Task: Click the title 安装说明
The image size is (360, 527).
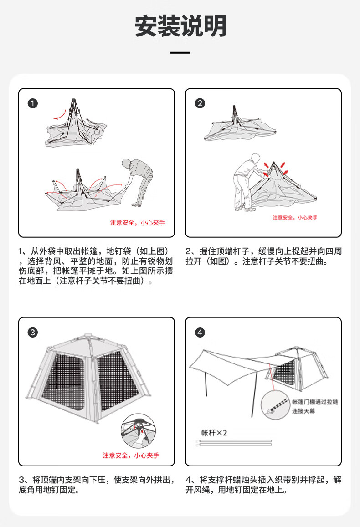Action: [180, 26]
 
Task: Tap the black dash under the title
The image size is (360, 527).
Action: [180, 53]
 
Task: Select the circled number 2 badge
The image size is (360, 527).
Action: [200, 103]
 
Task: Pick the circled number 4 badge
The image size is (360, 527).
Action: [200, 332]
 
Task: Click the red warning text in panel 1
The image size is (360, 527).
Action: [137, 223]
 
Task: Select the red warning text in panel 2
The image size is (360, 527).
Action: [295, 218]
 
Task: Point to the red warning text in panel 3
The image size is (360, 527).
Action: [131, 455]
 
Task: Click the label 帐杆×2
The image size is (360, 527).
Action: [214, 433]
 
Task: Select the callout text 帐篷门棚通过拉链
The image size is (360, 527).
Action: [315, 402]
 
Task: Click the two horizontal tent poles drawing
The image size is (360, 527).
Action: [234, 443]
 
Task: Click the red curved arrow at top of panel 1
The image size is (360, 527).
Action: [59, 116]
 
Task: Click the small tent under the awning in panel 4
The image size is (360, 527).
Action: [303, 369]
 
